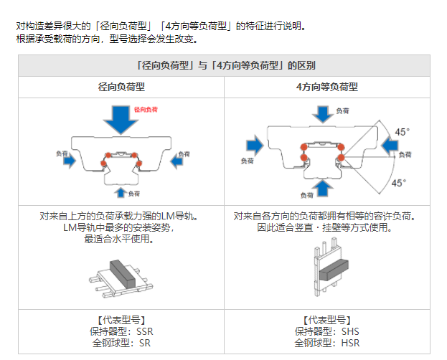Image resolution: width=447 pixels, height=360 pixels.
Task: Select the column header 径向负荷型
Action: [x=121, y=87]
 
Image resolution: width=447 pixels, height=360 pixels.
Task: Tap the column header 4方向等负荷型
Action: [x=326, y=87]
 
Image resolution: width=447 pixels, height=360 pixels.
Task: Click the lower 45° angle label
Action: [x=398, y=183]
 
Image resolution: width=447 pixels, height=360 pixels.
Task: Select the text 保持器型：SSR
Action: [x=121, y=331]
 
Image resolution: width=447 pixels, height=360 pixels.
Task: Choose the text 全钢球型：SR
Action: [x=121, y=342]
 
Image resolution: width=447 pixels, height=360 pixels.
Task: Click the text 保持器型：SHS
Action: [x=326, y=331]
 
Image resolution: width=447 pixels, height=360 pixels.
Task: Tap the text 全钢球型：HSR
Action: [x=326, y=342]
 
